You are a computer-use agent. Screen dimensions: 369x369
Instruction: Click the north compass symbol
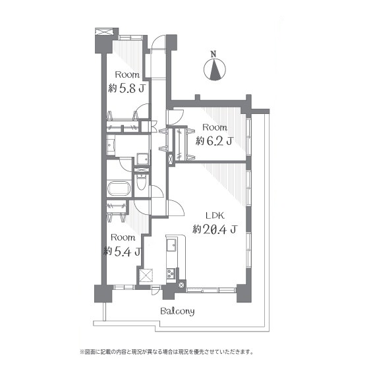point(214,70)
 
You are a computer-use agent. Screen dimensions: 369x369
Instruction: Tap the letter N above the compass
point(213,54)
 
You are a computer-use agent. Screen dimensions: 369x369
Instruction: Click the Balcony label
point(177,312)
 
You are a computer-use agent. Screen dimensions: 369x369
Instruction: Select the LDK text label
point(215,215)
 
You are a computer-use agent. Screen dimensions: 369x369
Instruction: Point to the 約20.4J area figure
point(215,229)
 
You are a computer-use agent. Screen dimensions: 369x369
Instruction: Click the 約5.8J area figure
point(126,88)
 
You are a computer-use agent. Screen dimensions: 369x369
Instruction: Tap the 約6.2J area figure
point(214,141)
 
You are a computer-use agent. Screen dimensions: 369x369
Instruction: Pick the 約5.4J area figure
point(123,251)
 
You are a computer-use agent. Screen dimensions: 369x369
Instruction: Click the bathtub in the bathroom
point(119,188)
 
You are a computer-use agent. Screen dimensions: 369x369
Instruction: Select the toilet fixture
point(141,182)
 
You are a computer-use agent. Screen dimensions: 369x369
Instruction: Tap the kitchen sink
point(171,245)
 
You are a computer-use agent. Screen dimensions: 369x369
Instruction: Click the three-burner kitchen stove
point(171,273)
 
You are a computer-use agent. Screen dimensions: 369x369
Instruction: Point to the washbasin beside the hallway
point(142,159)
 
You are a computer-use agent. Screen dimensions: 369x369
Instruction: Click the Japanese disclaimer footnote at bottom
point(167,353)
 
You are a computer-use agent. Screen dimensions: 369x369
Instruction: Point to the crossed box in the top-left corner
point(104,32)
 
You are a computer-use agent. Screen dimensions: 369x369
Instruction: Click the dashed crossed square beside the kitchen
point(146,275)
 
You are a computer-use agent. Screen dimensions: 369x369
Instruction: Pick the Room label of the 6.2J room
point(215,128)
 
